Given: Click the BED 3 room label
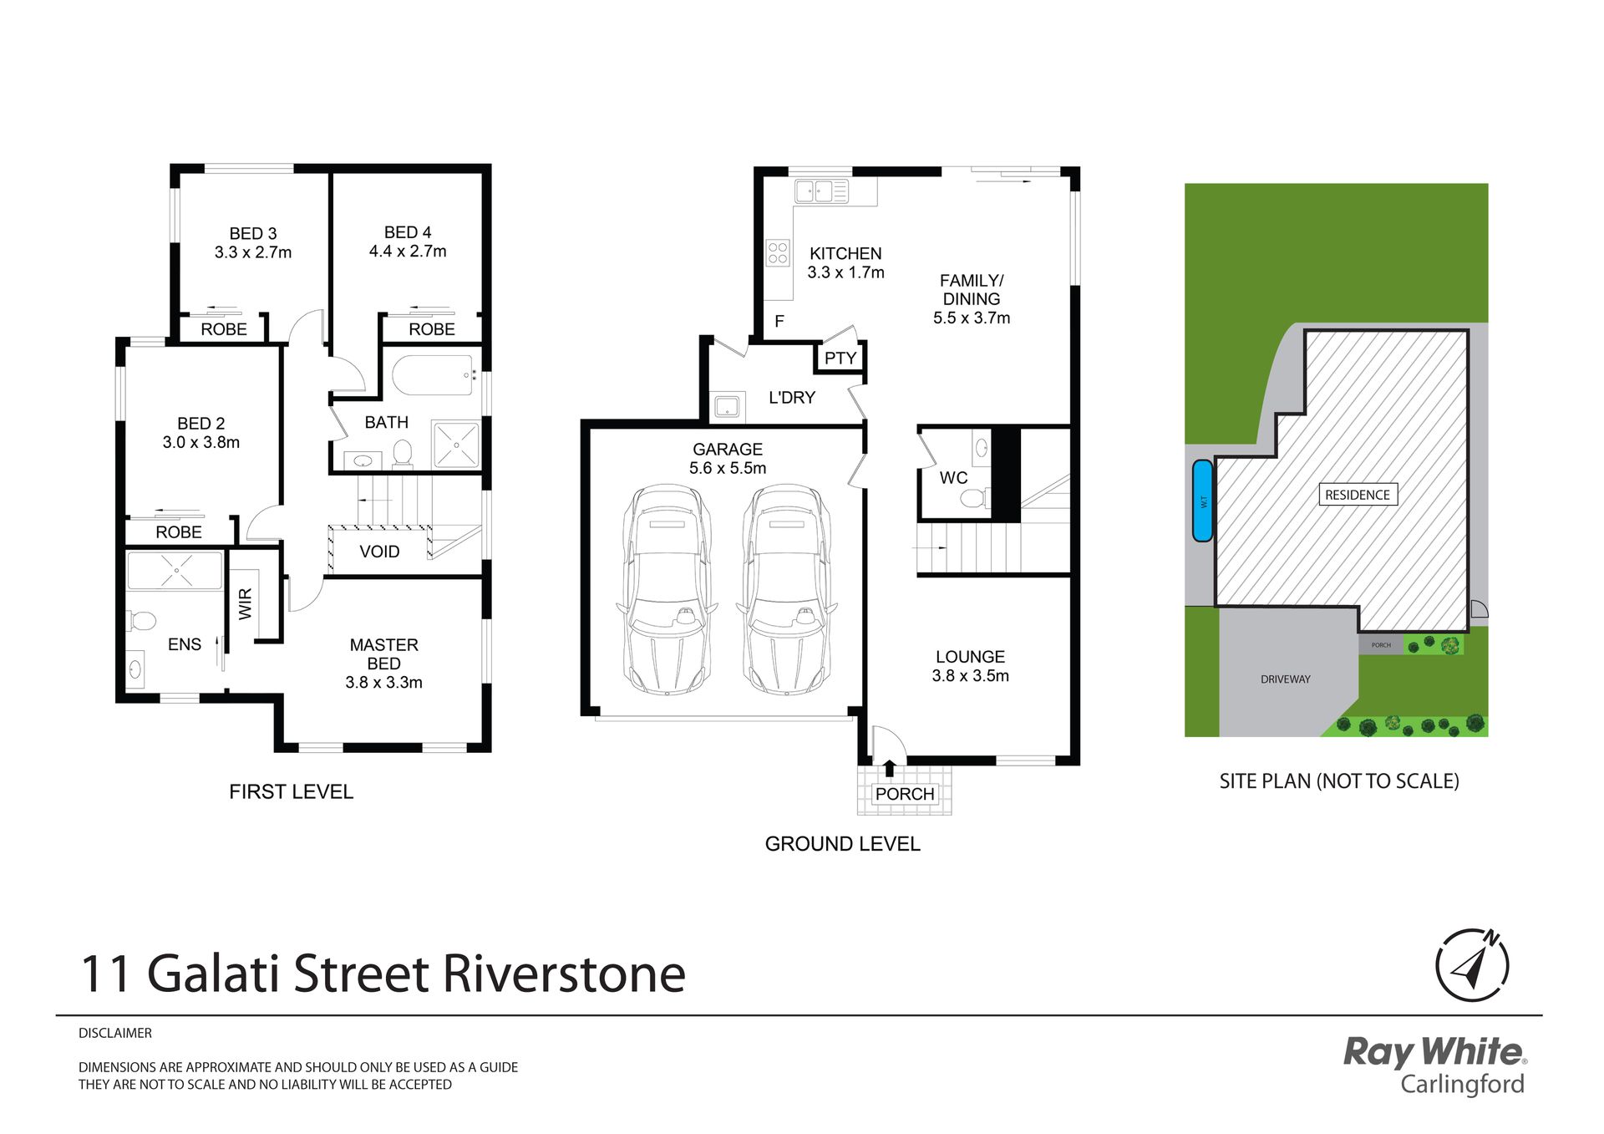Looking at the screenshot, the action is [253, 234].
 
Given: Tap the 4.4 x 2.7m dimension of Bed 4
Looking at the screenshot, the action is [408, 252].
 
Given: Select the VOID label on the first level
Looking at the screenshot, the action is [379, 552].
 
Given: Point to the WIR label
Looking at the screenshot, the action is [245, 603].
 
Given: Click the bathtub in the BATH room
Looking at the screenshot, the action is [433, 376].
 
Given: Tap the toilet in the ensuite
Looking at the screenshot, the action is [141, 621].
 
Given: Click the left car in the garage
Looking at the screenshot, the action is [667, 590].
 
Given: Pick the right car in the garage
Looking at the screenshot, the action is [785, 590].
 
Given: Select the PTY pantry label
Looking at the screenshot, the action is [840, 359].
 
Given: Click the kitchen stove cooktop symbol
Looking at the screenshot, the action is [778, 253].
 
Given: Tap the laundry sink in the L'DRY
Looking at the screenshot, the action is [726, 406].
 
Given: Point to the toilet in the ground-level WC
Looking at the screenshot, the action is [974, 499].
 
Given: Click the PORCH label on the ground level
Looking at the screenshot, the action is [905, 794].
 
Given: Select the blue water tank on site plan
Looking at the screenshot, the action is [1202, 501].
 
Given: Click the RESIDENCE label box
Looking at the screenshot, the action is [1358, 495].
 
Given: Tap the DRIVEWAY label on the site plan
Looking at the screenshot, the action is [1286, 679].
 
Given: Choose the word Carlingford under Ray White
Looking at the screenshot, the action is [1463, 1084].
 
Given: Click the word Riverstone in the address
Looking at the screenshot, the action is [564, 974].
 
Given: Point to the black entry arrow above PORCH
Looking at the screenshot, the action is [889, 768].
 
